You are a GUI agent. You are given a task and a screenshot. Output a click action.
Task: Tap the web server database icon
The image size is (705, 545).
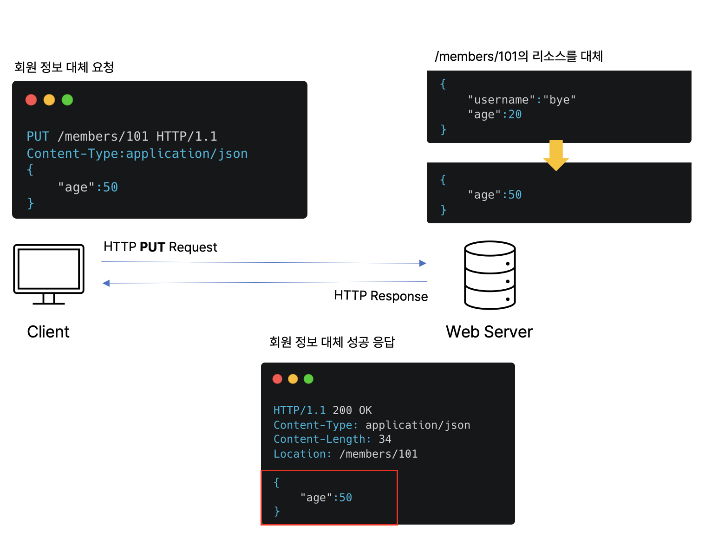490,275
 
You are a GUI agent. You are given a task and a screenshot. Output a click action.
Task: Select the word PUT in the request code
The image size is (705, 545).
38,136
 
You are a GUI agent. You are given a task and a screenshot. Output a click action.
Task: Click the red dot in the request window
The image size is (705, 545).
31,100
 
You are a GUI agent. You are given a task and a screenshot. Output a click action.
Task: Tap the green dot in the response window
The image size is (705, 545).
308,379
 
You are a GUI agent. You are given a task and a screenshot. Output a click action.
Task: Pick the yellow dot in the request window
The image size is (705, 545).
49,100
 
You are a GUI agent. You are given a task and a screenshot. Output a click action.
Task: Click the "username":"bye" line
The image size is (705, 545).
522,100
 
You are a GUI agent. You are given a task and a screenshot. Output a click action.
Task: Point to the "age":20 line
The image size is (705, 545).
495,115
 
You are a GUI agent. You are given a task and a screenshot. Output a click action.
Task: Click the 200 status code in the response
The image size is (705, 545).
342,410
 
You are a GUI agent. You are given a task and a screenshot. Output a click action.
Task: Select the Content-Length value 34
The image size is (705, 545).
385,439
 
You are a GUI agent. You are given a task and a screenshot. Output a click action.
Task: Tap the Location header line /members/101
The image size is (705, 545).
346,454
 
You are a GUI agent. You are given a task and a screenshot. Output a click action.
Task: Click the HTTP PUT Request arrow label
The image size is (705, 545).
160,247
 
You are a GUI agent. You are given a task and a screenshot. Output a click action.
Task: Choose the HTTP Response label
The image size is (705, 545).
381,296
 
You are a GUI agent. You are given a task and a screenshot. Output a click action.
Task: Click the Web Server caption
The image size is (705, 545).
489,332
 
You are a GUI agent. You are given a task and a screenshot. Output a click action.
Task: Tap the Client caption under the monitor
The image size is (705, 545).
48,332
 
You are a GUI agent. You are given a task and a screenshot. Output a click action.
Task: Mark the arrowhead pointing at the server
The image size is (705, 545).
423,263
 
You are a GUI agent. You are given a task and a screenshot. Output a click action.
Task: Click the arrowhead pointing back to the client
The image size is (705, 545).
106,283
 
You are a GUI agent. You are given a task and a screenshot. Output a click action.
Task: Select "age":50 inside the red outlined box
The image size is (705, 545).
326,498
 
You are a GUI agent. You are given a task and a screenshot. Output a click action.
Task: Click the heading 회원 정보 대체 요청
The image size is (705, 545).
64,67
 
